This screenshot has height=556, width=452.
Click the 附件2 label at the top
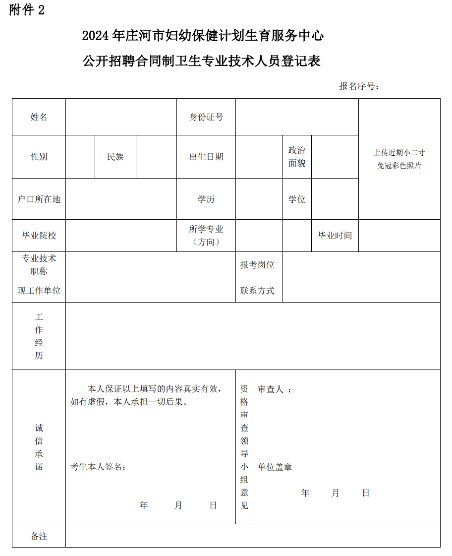(x=27, y=10)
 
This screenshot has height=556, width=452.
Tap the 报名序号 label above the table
(x=359, y=86)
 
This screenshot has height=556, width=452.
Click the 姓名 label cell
(x=39, y=117)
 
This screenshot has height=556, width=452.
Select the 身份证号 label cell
(x=206, y=117)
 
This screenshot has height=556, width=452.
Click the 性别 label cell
(x=39, y=157)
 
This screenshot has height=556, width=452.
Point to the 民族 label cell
(x=115, y=157)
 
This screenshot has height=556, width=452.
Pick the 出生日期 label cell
(x=206, y=157)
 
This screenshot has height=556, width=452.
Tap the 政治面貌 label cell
(x=297, y=157)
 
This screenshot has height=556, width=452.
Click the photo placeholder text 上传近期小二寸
(x=399, y=153)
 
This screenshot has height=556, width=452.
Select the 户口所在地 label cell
(x=39, y=199)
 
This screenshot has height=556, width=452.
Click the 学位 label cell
(x=297, y=199)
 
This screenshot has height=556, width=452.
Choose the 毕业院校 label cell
(x=39, y=236)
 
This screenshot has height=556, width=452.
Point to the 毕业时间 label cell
(x=335, y=236)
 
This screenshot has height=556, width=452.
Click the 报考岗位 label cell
(x=257, y=265)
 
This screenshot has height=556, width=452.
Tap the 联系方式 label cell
(x=257, y=291)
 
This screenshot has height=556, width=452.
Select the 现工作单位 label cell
(x=39, y=291)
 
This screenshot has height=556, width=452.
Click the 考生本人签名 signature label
(x=98, y=467)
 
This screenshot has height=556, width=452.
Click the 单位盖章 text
(x=275, y=467)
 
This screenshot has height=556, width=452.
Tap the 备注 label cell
(x=39, y=536)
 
